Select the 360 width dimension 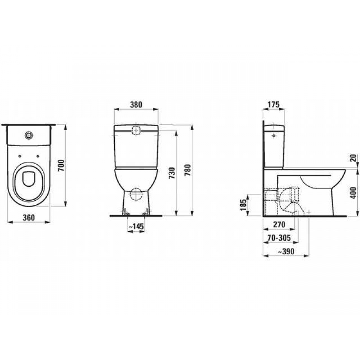[x=29, y=217]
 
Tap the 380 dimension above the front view [x=136, y=105]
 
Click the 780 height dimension [x=189, y=170]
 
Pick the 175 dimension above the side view [x=274, y=105]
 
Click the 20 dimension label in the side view [x=353, y=157]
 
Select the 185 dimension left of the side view [x=243, y=206]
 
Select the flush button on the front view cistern [x=136, y=130]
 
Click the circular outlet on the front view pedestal [x=135, y=194]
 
